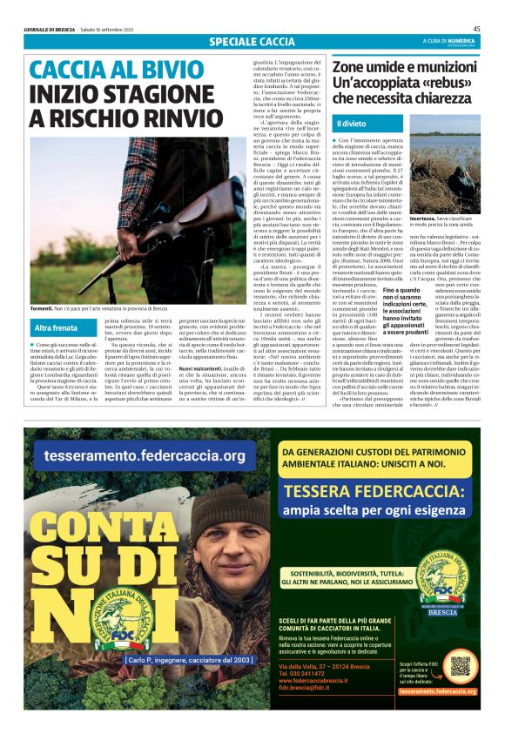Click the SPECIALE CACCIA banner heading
[252, 42]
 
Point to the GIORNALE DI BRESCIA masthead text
[49, 30]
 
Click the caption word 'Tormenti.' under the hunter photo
[43, 309]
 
